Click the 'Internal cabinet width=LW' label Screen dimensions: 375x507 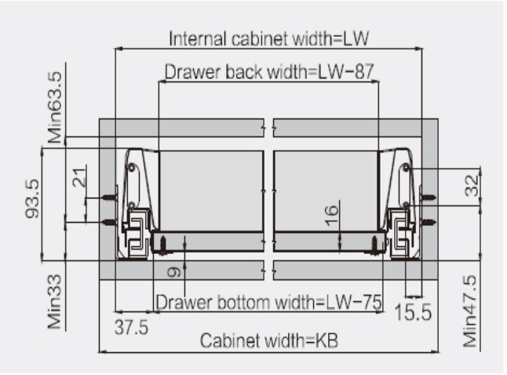pos(269,38)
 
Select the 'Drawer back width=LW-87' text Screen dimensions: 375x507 pos(269,72)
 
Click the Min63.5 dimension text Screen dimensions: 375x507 pos(55,106)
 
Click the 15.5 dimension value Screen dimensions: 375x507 pos(413,313)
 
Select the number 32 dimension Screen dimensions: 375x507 pos(469,187)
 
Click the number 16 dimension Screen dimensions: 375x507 pos(332,212)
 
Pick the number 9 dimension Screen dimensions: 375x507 pos(174,271)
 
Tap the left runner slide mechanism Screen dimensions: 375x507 pos(134,232)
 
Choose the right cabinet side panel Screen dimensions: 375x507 pos(430,188)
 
